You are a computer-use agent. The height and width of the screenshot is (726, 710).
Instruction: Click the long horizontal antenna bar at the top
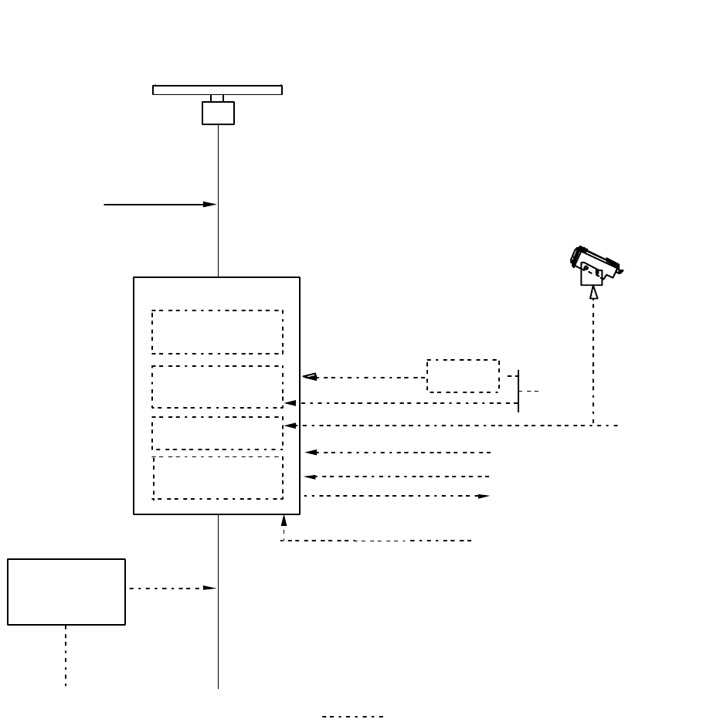click(217, 90)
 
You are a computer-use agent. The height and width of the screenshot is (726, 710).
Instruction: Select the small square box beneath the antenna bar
click(218, 113)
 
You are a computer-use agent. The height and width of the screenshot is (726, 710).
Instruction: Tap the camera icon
click(596, 264)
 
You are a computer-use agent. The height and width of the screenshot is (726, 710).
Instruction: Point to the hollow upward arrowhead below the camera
click(593, 292)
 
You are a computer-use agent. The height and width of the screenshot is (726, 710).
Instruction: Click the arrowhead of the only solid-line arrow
click(209, 205)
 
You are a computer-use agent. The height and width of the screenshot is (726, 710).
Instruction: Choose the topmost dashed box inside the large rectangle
click(217, 332)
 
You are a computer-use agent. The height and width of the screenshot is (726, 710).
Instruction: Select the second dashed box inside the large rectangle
click(217, 386)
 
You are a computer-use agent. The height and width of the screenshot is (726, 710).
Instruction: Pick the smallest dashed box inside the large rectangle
click(217, 433)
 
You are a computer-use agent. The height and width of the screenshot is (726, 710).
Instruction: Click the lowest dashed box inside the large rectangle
click(217, 478)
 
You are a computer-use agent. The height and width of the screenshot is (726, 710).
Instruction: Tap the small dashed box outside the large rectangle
click(463, 376)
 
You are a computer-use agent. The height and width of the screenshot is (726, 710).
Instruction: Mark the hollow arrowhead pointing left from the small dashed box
click(309, 377)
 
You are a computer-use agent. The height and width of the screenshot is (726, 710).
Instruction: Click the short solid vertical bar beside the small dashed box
click(518, 391)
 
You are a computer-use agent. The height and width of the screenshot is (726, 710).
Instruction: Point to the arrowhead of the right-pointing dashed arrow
click(484, 496)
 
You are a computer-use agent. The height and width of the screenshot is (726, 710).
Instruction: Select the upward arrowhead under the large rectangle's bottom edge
click(284, 521)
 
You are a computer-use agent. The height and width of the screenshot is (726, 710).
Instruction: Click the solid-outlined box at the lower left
click(66, 592)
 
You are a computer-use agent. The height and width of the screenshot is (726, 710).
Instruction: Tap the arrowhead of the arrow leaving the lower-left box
click(209, 588)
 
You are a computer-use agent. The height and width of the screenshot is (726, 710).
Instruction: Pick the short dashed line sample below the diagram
click(352, 717)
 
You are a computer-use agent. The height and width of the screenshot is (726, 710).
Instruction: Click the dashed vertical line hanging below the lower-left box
click(66, 655)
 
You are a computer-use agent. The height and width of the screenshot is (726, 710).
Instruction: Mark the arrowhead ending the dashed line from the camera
click(291, 426)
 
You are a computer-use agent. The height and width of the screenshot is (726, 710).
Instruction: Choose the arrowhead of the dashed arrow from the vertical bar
click(290, 403)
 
